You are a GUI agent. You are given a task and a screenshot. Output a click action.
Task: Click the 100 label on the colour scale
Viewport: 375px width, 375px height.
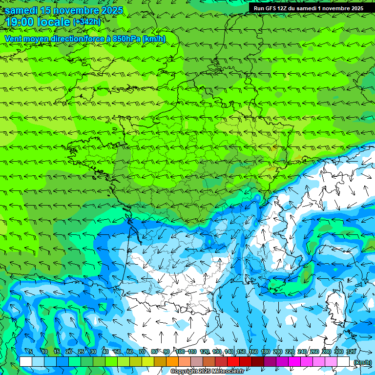pyautogui.click(x=180, y=352)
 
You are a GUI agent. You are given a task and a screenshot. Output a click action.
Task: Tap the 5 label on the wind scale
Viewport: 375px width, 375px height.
pyautogui.click(x=31, y=352)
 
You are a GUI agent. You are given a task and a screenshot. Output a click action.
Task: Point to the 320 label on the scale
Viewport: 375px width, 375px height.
pyautogui.click(x=351, y=352)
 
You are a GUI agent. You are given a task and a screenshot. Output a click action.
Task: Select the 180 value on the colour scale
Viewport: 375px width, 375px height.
pyautogui.click(x=266, y=352)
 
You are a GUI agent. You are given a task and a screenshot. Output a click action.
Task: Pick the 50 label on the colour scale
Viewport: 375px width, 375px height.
pyautogui.click(x=118, y=352)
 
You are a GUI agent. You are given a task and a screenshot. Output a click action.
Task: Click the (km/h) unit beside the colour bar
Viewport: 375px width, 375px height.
pyautogui.click(x=362, y=362)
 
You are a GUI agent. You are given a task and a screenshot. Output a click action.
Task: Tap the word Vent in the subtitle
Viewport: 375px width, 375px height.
pyautogui.click(x=14, y=39)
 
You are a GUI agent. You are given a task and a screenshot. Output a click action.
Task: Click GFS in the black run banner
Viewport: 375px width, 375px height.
pyautogui.click(x=271, y=8)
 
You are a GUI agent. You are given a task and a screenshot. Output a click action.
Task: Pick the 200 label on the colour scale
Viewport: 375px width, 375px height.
pyautogui.click(x=278, y=352)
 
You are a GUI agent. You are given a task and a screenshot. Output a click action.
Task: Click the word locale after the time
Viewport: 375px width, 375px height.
pyautogui.click(x=54, y=22)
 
